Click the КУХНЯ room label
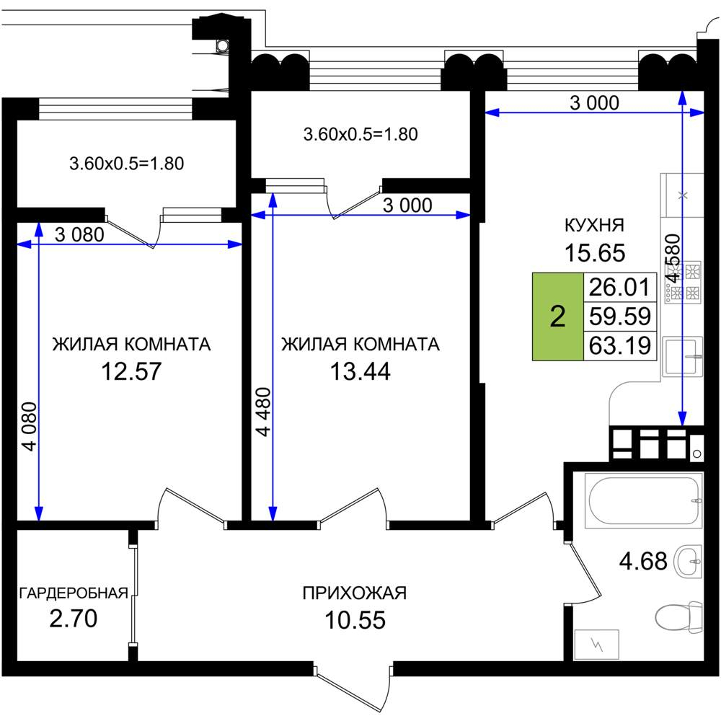click(594, 225)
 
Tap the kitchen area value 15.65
click(595, 253)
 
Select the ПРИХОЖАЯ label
click(355, 593)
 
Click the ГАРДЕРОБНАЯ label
click(74, 593)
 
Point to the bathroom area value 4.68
click(643, 561)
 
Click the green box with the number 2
click(558, 317)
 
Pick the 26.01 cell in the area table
click(620, 287)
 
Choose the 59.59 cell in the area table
click(620, 317)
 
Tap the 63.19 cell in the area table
click(620, 345)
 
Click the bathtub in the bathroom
click(643, 500)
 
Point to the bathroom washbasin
click(688, 561)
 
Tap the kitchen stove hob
click(683, 283)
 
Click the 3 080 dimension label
click(79, 234)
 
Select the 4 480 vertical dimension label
click(263, 412)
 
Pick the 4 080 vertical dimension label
click(30, 427)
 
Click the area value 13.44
click(360, 371)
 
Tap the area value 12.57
click(131, 371)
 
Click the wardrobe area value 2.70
click(73, 619)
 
